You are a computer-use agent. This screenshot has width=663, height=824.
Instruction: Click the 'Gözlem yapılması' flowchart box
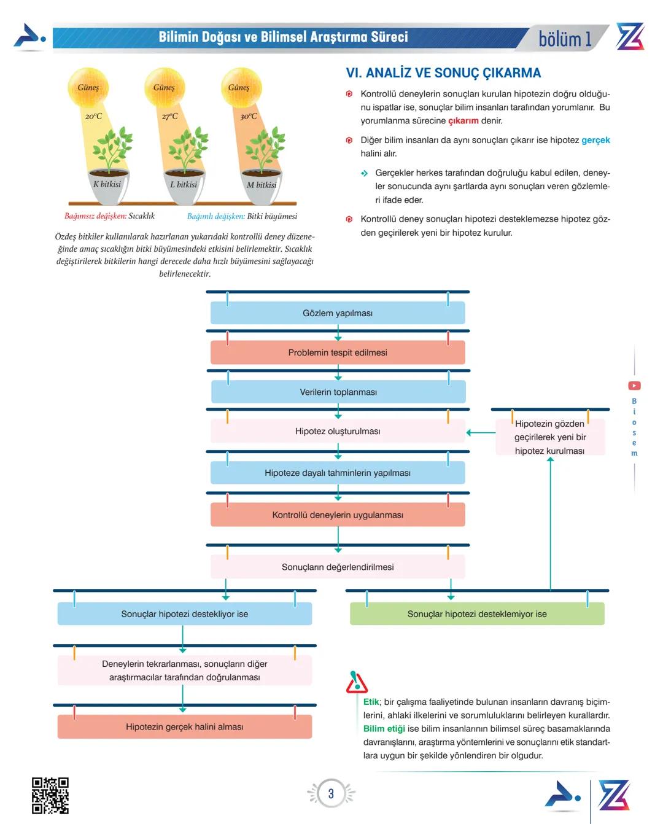(338, 313)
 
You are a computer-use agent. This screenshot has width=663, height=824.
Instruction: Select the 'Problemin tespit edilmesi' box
(338, 352)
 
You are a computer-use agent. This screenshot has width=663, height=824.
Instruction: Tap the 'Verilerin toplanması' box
(338, 392)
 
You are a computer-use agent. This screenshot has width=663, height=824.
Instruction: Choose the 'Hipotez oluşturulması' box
(338, 431)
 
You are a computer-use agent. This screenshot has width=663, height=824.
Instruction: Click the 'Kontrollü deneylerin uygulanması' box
(338, 515)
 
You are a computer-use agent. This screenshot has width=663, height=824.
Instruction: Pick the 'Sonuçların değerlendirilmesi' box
(338, 567)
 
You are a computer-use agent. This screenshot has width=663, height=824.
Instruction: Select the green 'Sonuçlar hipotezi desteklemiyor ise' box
(477, 613)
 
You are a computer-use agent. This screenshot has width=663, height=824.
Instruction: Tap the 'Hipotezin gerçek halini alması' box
(185, 726)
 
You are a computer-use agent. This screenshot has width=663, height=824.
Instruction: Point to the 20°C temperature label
(94, 116)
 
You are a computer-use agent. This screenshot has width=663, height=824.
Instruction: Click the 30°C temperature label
(249, 116)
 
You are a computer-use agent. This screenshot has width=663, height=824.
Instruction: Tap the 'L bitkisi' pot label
(184, 184)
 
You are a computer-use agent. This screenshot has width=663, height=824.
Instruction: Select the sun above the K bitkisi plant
(88, 87)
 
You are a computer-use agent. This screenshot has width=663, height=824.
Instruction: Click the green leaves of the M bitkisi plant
(265, 147)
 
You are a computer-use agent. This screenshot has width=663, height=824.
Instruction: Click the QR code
(50, 795)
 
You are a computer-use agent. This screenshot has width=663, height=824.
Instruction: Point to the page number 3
(331, 793)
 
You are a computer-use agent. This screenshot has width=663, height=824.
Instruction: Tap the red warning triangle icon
(356, 682)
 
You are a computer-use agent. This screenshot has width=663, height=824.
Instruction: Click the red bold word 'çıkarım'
(463, 121)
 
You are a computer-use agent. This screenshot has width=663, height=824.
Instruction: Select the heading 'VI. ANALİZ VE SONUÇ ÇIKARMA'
(443, 73)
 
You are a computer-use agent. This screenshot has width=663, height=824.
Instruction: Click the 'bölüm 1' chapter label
(565, 39)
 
